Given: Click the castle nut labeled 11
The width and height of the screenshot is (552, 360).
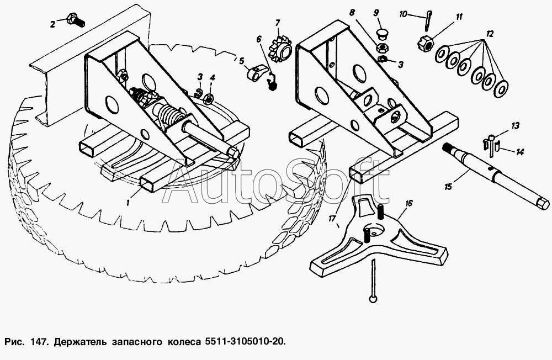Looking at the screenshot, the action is coord(425,44).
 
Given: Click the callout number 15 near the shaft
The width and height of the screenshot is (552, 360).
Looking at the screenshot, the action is coord(448,186).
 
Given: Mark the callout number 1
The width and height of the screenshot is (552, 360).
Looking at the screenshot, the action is coord(128,203).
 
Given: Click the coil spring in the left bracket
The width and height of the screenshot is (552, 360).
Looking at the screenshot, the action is coord(170,113).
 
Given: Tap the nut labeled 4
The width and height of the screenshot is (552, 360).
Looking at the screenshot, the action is coord(208,99).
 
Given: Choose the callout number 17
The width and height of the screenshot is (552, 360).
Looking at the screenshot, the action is coord(332,219).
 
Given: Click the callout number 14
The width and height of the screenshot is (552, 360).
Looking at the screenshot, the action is coord(520,152).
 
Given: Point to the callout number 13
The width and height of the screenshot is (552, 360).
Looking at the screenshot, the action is coord(516,126).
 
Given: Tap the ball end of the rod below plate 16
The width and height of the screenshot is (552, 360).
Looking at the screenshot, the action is coord(373,299).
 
